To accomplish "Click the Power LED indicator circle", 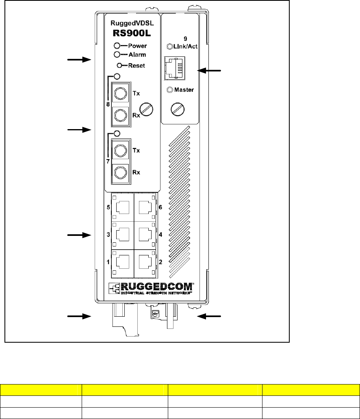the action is point(117,46).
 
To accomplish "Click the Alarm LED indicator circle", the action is point(117,54).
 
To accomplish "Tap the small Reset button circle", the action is point(119,65).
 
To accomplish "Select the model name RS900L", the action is point(132,33).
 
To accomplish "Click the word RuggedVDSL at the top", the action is point(132,23).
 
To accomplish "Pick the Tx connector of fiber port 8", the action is point(120,93).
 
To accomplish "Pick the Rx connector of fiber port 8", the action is point(120,115).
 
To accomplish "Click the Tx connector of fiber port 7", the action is point(120,151).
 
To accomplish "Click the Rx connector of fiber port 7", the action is point(120,173).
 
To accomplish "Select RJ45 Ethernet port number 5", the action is point(122,207).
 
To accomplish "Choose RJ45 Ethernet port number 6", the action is point(145,207).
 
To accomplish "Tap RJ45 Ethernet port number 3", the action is point(122,235).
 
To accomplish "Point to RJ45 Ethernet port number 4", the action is point(145,235).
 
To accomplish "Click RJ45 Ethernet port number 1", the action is point(122,262).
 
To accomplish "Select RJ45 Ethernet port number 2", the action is point(145,262).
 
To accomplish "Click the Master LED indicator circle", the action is point(170,90).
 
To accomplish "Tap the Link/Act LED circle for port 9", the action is point(170,47).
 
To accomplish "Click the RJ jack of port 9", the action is point(174,68).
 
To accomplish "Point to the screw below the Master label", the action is point(178,109).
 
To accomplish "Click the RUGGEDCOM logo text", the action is point(157,287).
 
